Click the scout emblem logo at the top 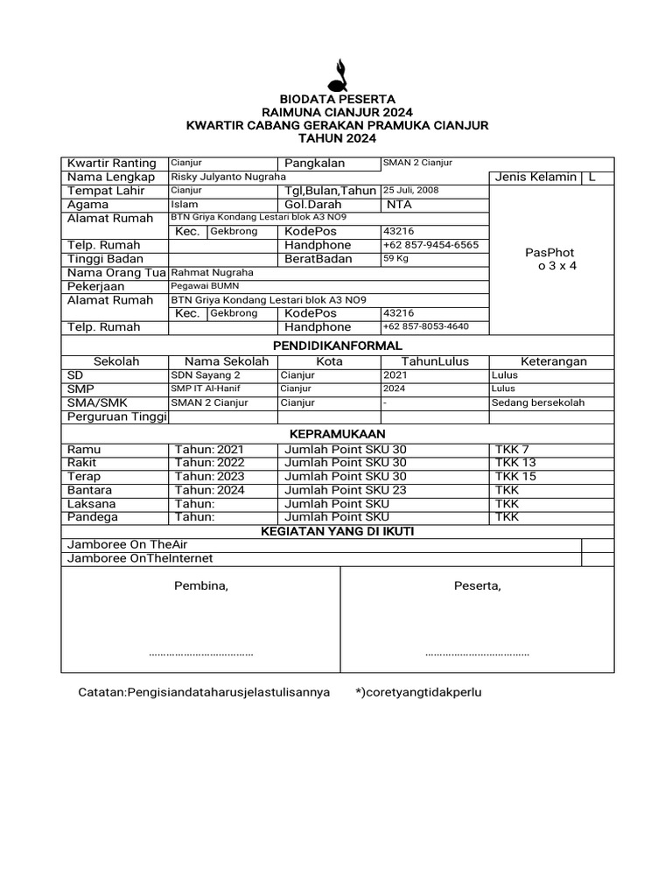[337, 74]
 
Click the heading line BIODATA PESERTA [337, 100]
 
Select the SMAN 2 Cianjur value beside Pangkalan [416, 163]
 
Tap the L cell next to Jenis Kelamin [592, 177]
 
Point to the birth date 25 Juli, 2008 [410, 190]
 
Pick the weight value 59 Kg [396, 259]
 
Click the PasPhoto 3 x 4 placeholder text [550, 259]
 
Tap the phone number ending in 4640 [425, 327]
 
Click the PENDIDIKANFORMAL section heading [337, 346]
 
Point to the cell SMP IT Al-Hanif [206, 388]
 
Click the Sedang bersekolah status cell [538, 402]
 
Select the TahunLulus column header [435, 361]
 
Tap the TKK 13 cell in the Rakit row [515, 462]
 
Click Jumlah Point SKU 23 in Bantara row [346, 490]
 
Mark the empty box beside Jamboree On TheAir [598, 545]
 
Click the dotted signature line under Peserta [477, 654]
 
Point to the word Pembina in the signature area [201, 585]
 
